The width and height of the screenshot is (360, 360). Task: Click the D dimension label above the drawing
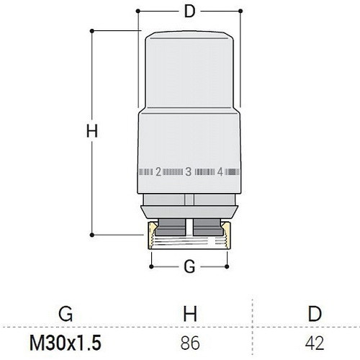pyautogui.click(x=189, y=12)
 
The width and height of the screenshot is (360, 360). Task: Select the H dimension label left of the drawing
pyautogui.click(x=91, y=132)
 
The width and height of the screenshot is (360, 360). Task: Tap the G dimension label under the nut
pyautogui.click(x=189, y=266)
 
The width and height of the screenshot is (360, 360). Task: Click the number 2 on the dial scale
pyautogui.click(x=158, y=172)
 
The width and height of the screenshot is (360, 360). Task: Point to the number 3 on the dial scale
pyautogui.click(x=189, y=172)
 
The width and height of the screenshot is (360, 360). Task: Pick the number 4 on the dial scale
pyautogui.click(x=219, y=172)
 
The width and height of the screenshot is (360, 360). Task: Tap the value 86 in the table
pyautogui.click(x=189, y=341)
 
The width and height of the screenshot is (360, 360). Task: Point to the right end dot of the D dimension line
pyautogui.click(x=240, y=12)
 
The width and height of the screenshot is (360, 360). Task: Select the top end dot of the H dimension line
pyautogui.click(x=92, y=30)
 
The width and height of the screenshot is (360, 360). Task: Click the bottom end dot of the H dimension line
pyautogui.click(x=92, y=233)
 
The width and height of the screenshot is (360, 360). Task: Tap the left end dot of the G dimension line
pyautogui.click(x=152, y=266)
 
